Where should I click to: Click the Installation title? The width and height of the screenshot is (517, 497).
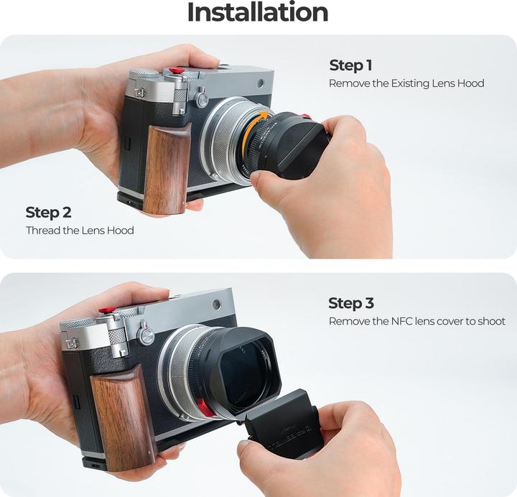[258, 12]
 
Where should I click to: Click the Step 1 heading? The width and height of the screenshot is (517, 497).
[351, 65]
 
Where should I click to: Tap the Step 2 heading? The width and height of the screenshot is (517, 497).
[48, 213]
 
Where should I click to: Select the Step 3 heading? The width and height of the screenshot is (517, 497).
[351, 303]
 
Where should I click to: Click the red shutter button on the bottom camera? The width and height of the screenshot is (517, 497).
[106, 310]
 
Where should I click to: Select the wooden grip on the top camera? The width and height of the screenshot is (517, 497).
[167, 169]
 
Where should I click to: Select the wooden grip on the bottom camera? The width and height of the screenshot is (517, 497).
[123, 417]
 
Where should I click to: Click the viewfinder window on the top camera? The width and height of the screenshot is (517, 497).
[261, 83]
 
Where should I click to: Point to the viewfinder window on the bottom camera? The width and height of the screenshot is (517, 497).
[217, 305]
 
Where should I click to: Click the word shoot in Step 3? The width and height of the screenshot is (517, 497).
[493, 321]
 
